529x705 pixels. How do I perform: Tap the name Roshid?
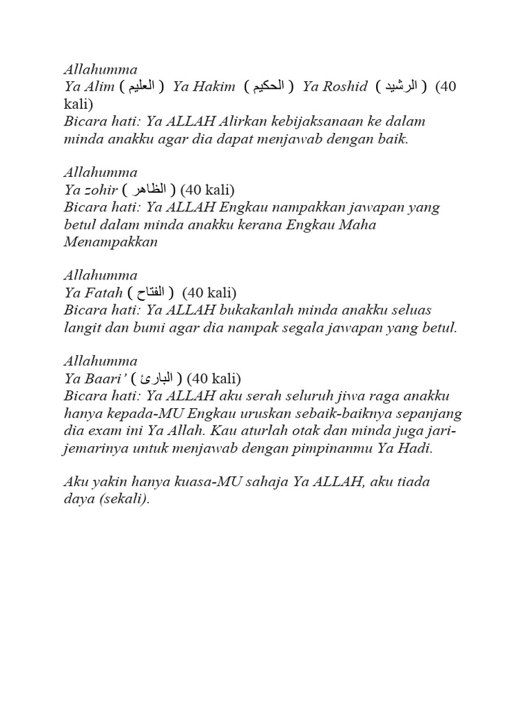coord(344,87)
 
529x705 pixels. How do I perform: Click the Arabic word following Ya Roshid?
coord(401,87)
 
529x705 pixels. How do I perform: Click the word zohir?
coord(101,189)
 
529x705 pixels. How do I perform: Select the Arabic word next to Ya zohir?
coord(147,189)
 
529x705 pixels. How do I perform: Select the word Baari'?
coord(102,378)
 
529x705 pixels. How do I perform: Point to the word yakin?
coord(108,482)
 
